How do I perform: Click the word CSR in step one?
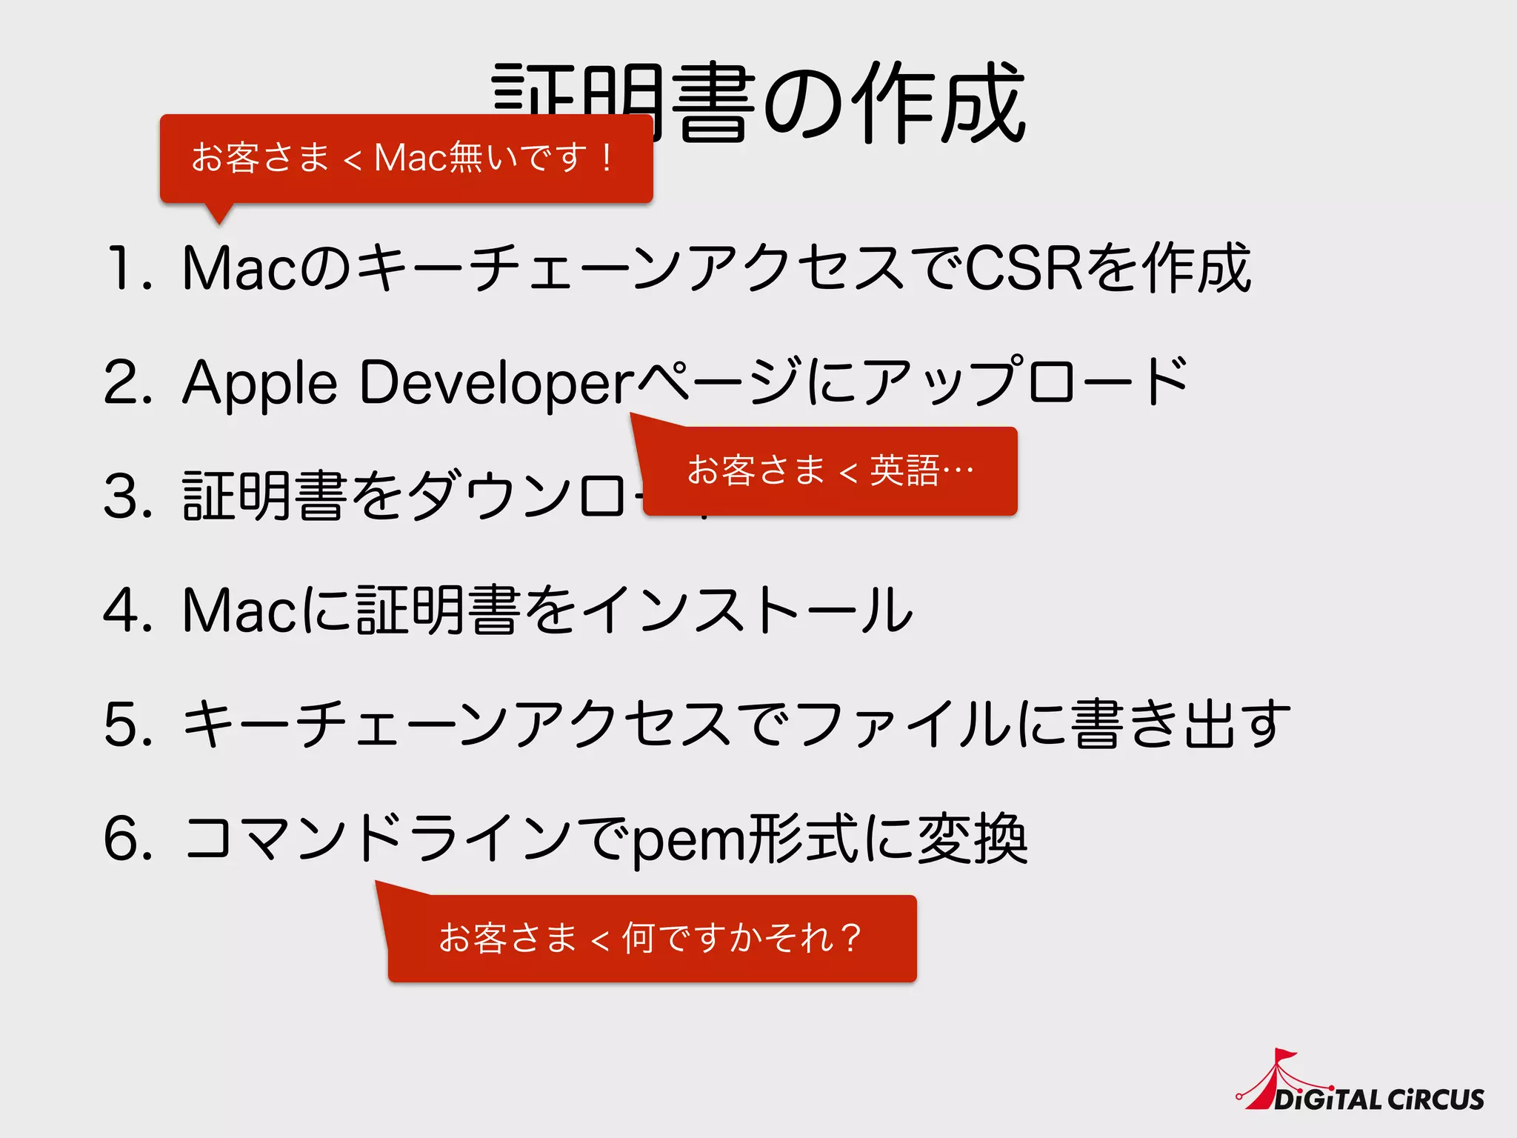click(1024, 267)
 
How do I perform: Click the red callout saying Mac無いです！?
click(406, 159)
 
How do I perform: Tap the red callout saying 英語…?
click(830, 471)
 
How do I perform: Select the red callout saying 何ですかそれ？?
click(652, 939)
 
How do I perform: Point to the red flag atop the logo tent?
click(1285, 1056)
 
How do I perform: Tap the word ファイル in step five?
click(904, 724)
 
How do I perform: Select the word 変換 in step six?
click(973, 838)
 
